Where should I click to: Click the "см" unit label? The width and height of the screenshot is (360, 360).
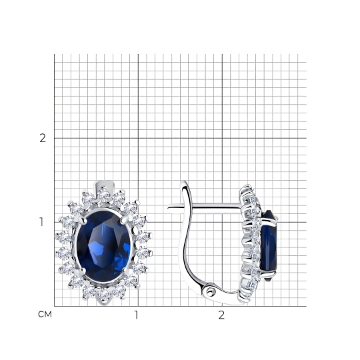[45, 314]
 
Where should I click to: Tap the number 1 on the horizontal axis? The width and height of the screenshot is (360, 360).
[137, 315]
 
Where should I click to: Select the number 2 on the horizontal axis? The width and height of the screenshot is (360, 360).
[221, 315]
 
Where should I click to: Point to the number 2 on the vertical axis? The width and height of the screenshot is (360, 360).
[43, 138]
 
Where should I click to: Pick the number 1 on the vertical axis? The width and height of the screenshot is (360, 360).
[41, 222]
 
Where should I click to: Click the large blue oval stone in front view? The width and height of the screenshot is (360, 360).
[104, 245]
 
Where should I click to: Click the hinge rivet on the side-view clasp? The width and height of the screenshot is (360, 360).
[209, 292]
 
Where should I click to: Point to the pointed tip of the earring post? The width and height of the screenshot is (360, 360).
[168, 207]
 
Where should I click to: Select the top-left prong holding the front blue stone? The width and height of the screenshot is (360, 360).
[83, 220]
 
